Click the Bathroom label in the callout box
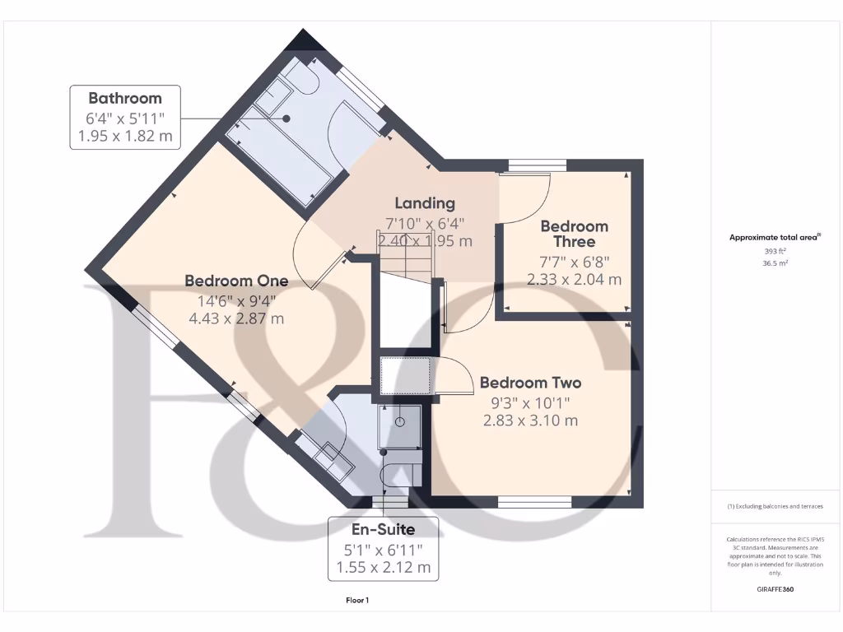(125, 98)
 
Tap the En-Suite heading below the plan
(384, 529)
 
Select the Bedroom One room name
(235, 281)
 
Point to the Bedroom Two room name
(530, 383)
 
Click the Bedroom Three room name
(574, 234)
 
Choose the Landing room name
(424, 203)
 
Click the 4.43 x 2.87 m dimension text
(235, 318)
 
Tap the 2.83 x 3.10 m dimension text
(530, 421)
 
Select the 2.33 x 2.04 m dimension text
(574, 280)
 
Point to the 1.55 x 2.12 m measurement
(384, 567)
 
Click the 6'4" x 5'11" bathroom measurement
(125, 117)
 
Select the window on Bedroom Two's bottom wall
(535, 500)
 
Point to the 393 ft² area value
(774, 252)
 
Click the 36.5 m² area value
(774, 264)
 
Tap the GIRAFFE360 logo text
(775, 589)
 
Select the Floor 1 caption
(357, 601)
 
